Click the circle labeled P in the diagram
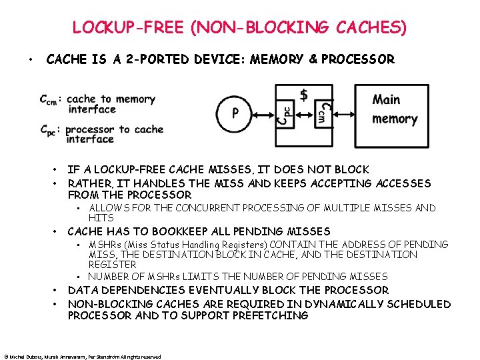(x=235, y=113)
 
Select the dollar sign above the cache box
(x=304, y=95)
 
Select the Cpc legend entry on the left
(x=49, y=129)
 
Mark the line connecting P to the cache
(x=265, y=114)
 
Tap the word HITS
(x=101, y=218)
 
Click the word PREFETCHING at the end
(x=270, y=315)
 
